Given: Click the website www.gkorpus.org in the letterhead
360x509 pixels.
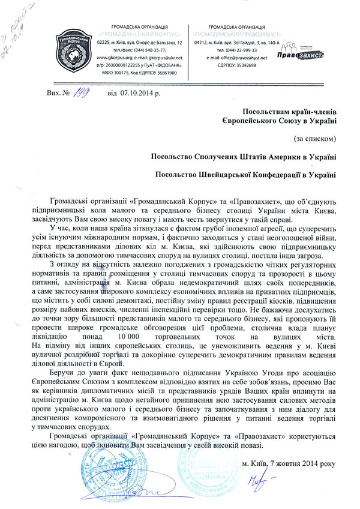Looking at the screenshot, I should [119, 58].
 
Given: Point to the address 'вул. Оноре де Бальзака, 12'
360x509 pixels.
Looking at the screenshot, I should [155, 43].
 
